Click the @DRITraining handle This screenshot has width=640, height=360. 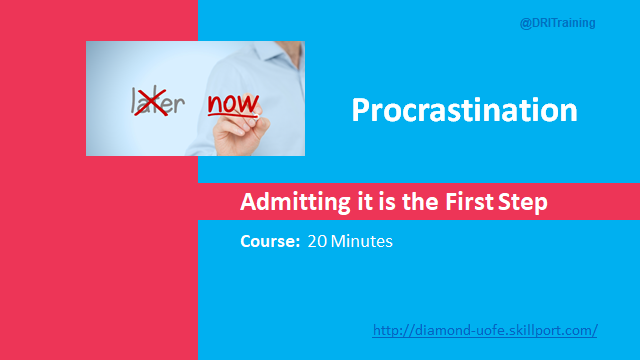558,23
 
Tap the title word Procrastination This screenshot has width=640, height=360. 464,109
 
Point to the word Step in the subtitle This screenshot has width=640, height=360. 524,203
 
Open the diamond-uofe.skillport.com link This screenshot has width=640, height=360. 485,329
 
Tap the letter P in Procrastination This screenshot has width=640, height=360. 362,109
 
